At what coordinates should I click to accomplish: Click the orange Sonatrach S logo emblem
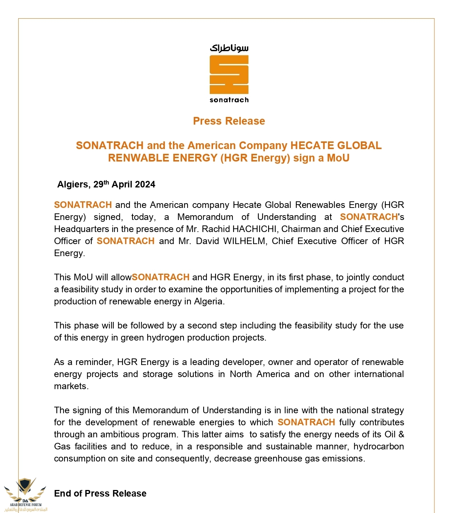click(x=229, y=74)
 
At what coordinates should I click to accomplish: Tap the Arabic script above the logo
click(x=229, y=48)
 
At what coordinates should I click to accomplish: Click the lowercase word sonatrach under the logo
click(x=229, y=100)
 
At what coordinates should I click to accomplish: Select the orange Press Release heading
click(x=229, y=121)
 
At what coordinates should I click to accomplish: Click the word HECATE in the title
click(x=312, y=145)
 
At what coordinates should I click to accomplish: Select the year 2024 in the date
click(x=145, y=185)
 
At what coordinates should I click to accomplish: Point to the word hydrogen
click(x=165, y=338)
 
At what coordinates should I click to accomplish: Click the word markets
click(x=71, y=386)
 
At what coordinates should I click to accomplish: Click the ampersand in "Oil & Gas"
click(x=401, y=434)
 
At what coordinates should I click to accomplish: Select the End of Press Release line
click(x=100, y=494)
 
